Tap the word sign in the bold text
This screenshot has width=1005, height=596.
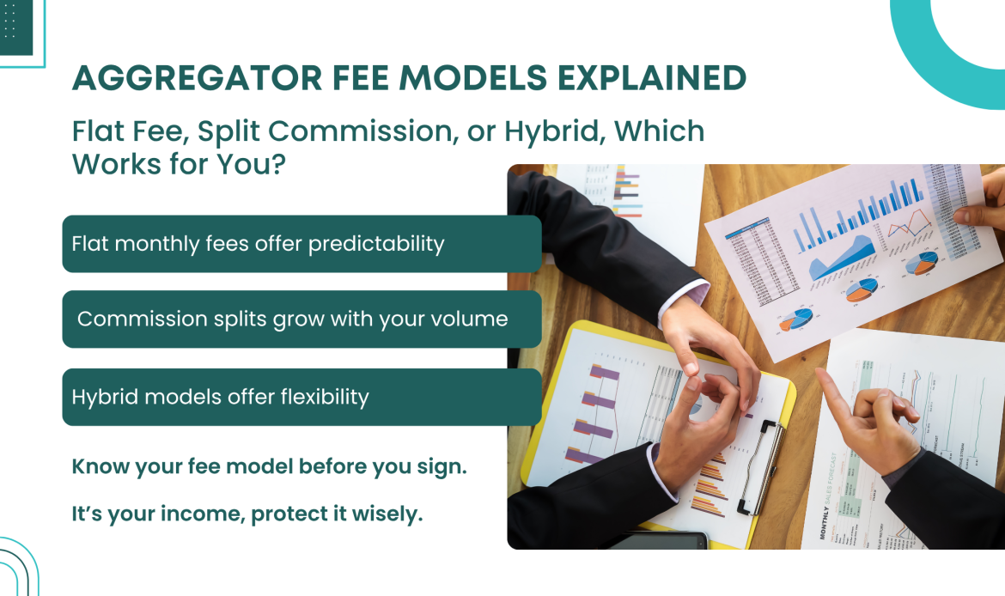click(x=443, y=467)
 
